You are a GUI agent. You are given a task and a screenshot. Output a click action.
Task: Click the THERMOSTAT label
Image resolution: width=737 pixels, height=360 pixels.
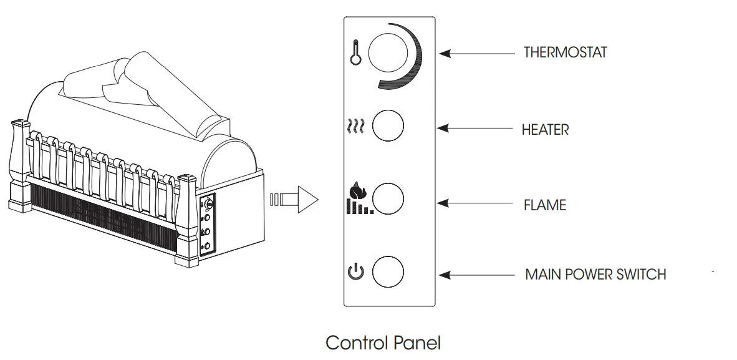pos(565,52)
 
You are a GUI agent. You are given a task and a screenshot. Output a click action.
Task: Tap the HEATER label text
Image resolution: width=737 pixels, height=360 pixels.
pos(545,130)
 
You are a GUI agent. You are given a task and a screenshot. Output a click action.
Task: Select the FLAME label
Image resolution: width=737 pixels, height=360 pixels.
pos(545,205)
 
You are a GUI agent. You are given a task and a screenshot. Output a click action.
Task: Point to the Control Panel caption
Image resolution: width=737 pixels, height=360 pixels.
pos(383,343)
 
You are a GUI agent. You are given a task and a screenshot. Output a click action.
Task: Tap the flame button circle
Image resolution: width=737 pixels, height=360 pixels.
pos(388,199)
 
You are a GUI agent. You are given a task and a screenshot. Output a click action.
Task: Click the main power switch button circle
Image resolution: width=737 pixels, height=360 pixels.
pos(388,271)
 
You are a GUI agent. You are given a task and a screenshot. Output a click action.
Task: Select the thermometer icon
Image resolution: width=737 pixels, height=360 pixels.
pos(355,54)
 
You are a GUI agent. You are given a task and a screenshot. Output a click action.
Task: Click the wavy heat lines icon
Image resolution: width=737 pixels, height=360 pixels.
pos(355,127)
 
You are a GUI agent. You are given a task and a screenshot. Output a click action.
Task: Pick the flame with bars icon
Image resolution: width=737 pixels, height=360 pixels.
pos(359,198)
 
